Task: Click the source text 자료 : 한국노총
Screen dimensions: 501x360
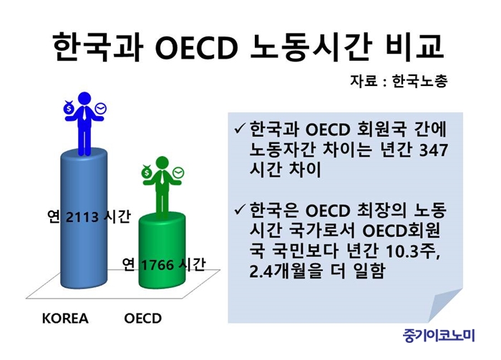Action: click(x=399, y=81)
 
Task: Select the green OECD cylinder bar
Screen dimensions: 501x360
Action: click(x=162, y=250)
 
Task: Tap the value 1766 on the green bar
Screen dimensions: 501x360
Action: click(x=157, y=265)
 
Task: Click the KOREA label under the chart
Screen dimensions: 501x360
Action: click(x=65, y=318)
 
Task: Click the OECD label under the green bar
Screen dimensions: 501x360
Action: click(x=143, y=318)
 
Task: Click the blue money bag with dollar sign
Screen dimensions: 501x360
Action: click(x=69, y=108)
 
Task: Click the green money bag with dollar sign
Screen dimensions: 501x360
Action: click(x=147, y=172)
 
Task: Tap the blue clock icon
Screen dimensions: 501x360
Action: click(x=101, y=109)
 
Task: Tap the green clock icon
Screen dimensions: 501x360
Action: click(x=178, y=172)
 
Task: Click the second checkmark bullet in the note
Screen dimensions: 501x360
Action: click(x=240, y=209)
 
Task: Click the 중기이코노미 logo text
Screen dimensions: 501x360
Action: click(x=439, y=336)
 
